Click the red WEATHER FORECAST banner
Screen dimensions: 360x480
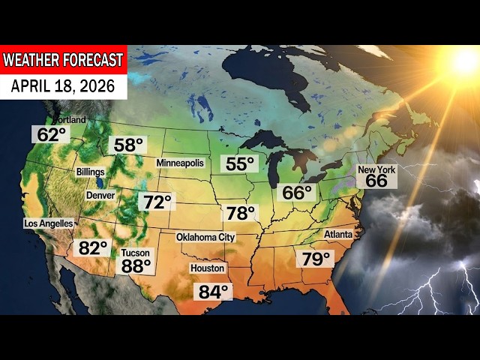coord(63,59)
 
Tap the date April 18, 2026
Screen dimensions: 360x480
coord(63,86)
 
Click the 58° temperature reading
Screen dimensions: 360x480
coord(127,145)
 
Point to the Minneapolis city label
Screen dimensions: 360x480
coord(180,163)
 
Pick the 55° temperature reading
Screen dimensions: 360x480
coord(240,163)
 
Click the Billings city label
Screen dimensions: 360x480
coord(90,172)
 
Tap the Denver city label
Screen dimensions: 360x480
coord(100,195)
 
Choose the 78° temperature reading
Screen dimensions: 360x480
coord(241,213)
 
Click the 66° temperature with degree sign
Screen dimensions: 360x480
coord(297,193)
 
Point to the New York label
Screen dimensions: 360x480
coord(376,170)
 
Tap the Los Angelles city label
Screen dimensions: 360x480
coord(49,223)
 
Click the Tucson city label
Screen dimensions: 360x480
coord(136,253)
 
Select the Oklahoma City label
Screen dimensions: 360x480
coord(205,237)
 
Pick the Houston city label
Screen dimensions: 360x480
coord(208,268)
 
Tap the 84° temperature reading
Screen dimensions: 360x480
coord(214,291)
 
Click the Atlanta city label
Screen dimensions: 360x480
coord(338,234)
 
